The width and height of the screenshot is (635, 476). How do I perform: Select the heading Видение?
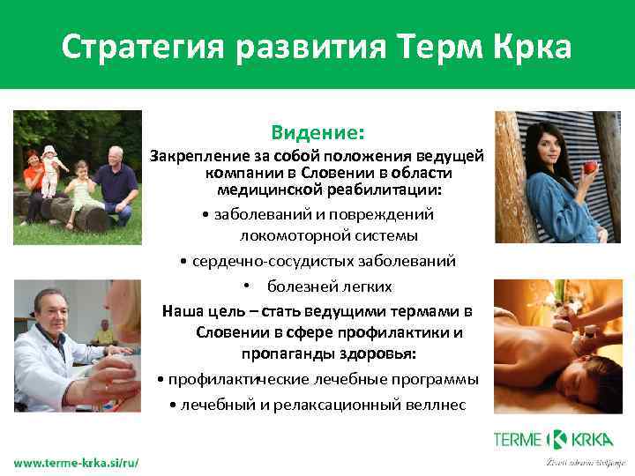(317, 133)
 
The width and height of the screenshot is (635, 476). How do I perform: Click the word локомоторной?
(281, 235)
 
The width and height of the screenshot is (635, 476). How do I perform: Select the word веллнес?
(435, 405)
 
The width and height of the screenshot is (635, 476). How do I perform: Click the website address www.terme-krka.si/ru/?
(76, 462)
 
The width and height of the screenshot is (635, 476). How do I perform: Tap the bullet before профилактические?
(159, 380)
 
